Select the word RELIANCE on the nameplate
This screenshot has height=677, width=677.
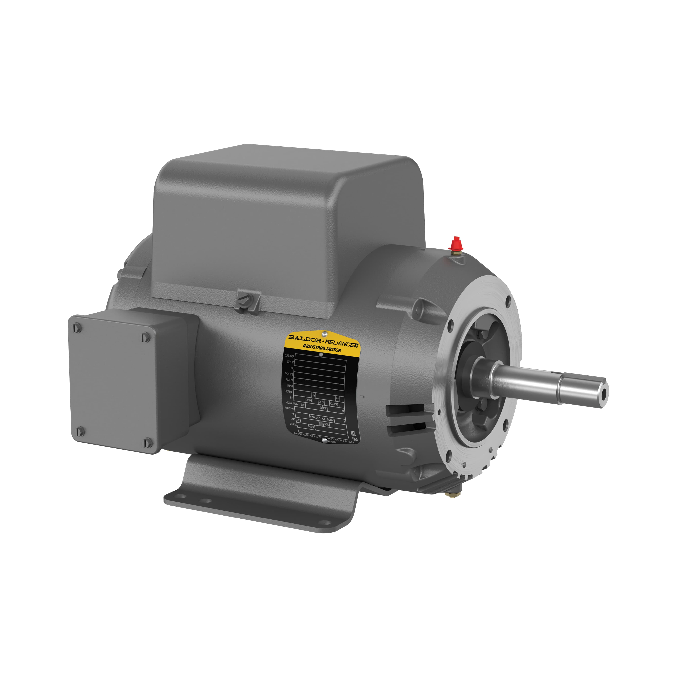[x=339, y=343]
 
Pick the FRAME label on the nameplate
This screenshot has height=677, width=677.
[x=288, y=391]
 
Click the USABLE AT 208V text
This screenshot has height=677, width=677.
[x=322, y=419]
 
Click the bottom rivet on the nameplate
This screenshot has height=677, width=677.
[x=324, y=440]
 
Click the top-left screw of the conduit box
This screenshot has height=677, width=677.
[x=78, y=328]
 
